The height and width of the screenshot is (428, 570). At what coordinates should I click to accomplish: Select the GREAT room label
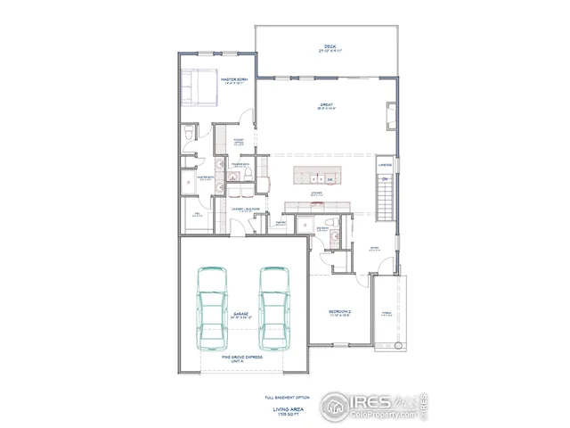click(x=327, y=105)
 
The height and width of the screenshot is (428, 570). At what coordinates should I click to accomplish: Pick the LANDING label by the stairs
click(x=385, y=165)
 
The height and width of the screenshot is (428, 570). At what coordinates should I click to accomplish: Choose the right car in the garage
click(x=273, y=308)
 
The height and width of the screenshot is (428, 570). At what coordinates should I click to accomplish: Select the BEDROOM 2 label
click(x=338, y=311)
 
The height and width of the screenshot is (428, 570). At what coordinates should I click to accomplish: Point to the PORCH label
click(x=387, y=313)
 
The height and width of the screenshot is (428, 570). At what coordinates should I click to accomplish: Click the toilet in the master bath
click(x=188, y=133)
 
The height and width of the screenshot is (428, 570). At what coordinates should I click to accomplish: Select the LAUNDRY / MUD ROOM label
click(x=246, y=210)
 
